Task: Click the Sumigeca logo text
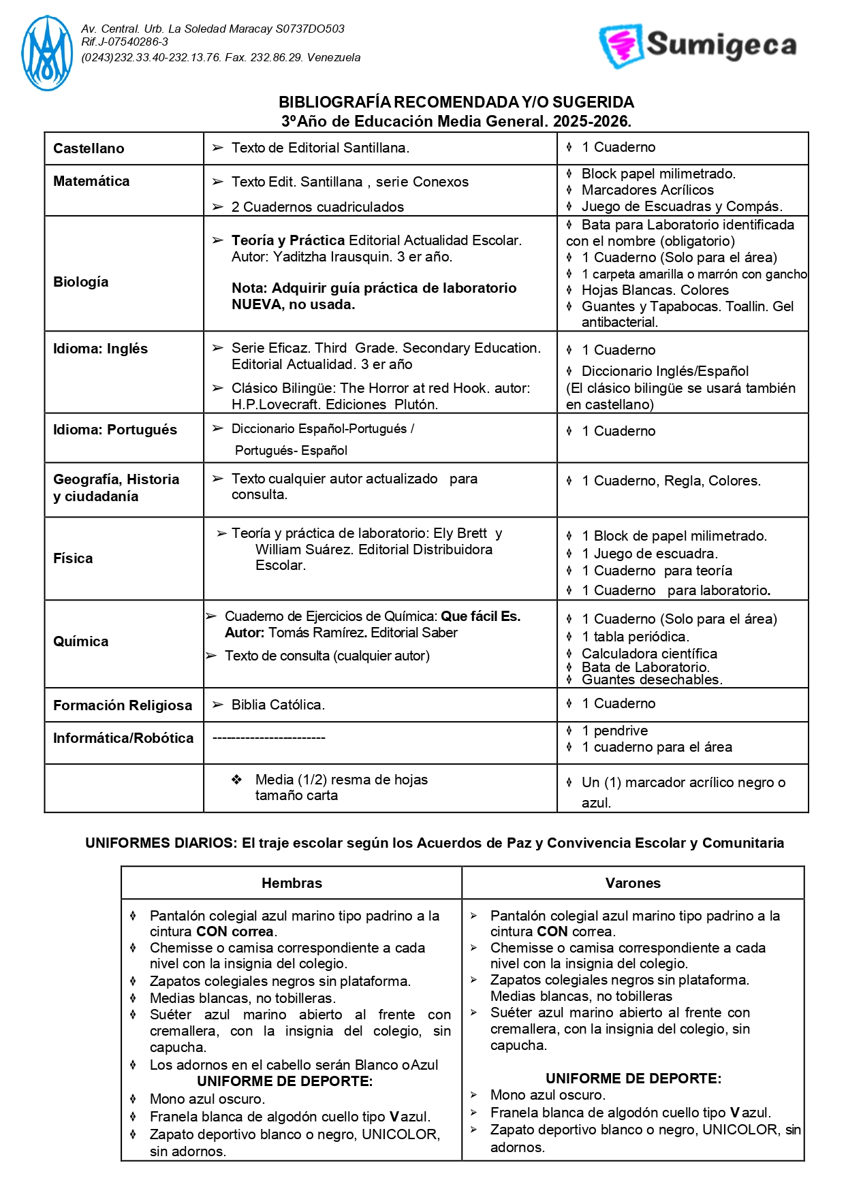coord(721,45)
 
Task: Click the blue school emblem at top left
coord(46,53)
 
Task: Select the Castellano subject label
coord(89,148)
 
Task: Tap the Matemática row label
coord(91,181)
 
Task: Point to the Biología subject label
coord(80,282)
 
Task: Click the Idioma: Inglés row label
coord(100,349)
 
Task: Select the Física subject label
coord(73,558)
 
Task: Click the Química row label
coord(80,641)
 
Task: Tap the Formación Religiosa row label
coord(123,705)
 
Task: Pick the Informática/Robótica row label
coord(123,738)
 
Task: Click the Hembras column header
coord(292,883)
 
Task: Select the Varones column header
coord(633,883)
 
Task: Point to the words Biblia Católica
coord(278,705)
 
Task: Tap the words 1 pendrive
coord(614,731)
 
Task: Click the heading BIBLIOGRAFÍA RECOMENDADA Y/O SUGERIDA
coord(456,102)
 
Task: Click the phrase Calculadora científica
coord(649,654)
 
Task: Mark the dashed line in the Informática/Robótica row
coord(269,738)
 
